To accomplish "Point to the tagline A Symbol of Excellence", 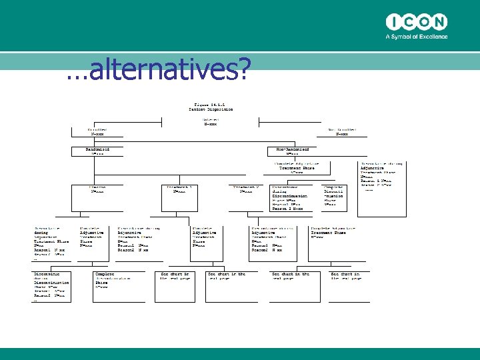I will [416, 37].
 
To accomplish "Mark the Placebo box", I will [97, 190].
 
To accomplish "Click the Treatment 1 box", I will [180, 190].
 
